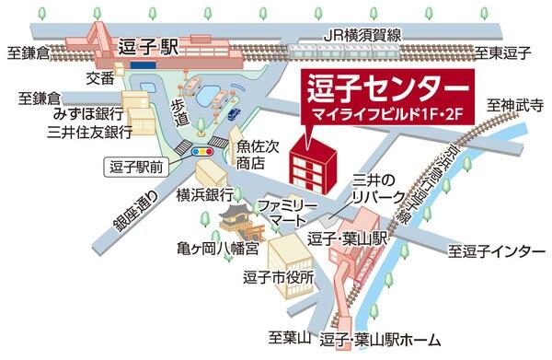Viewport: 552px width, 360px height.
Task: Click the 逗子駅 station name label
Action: (x=147, y=45)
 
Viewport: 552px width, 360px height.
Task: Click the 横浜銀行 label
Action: (x=208, y=196)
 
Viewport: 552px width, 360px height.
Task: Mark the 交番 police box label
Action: (x=101, y=77)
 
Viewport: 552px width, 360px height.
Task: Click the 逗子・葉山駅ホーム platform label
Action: (x=380, y=341)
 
